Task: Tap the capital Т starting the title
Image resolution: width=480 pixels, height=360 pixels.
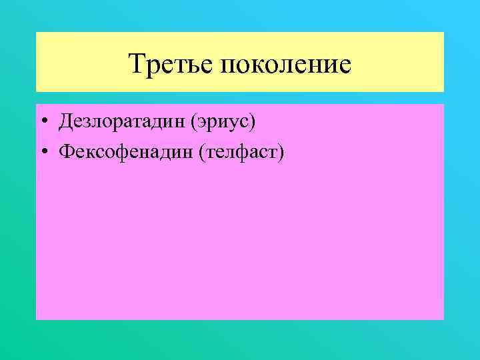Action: click(x=137, y=64)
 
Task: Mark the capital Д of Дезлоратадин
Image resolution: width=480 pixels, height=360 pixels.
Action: click(x=65, y=122)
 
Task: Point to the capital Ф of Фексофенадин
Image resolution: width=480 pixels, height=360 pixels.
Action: click(x=65, y=152)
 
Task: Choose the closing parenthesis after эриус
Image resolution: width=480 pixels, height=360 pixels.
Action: click(x=254, y=123)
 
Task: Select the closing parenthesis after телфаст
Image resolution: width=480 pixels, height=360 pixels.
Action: click(x=281, y=153)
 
